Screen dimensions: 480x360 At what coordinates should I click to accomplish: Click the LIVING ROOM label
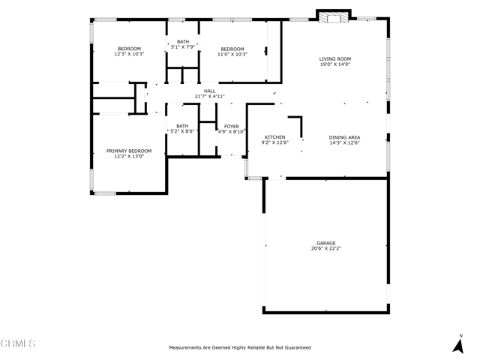tap(335, 58)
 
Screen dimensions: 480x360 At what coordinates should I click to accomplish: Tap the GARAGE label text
tap(326, 243)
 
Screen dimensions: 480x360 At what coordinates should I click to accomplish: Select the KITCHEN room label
tap(275, 137)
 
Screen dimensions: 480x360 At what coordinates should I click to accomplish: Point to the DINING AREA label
tap(344, 137)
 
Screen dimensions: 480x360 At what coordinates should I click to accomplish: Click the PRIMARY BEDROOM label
tap(129, 151)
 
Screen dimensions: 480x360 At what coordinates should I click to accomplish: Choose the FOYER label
tap(232, 126)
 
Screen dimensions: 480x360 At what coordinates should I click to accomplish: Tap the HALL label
tap(210, 91)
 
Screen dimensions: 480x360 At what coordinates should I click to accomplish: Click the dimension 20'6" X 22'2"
tap(326, 248)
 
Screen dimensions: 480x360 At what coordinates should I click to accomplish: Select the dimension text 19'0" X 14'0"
tap(335, 64)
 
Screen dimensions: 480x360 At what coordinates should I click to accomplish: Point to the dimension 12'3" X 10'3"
tap(129, 54)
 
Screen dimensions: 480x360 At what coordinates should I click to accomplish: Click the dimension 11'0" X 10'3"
tap(232, 55)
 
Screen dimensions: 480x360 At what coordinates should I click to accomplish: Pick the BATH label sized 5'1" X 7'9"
tap(183, 42)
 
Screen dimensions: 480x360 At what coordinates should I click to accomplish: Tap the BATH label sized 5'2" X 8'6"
tap(182, 126)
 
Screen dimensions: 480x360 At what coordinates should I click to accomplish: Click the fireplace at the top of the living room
tap(333, 17)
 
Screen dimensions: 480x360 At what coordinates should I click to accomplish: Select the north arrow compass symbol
tap(458, 344)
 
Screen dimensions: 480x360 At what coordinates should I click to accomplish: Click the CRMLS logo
tap(18, 343)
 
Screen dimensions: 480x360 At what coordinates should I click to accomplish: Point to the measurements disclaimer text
tap(240, 347)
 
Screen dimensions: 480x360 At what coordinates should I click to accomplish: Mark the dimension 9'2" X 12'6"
tap(275, 142)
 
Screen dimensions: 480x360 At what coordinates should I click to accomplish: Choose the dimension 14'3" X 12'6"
tap(344, 143)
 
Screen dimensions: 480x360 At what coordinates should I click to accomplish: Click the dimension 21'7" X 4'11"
tap(210, 97)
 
